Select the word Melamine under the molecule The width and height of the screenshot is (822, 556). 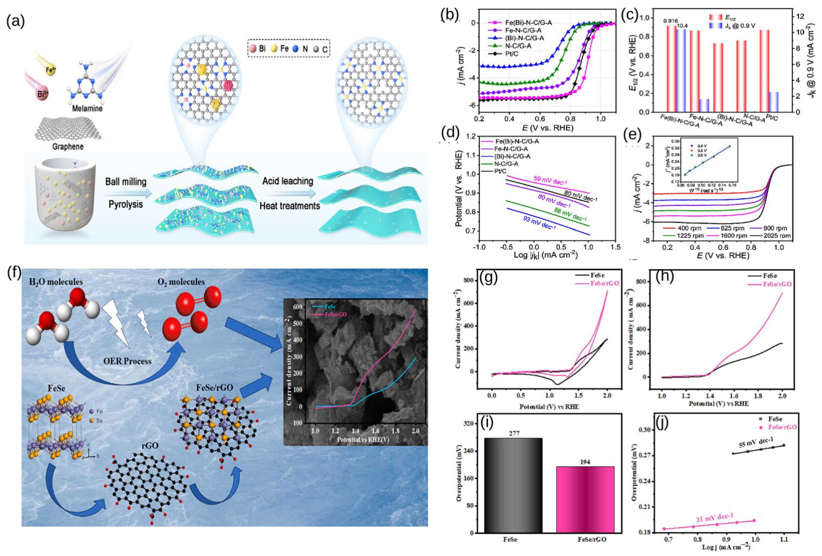pos(87,108)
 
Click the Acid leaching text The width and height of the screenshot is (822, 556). pos(288,181)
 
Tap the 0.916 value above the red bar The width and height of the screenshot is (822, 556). pos(670,21)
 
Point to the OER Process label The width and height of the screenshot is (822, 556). pos(127,361)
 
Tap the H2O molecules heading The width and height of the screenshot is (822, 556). pos(56,282)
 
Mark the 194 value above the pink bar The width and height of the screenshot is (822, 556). pos(585,462)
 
